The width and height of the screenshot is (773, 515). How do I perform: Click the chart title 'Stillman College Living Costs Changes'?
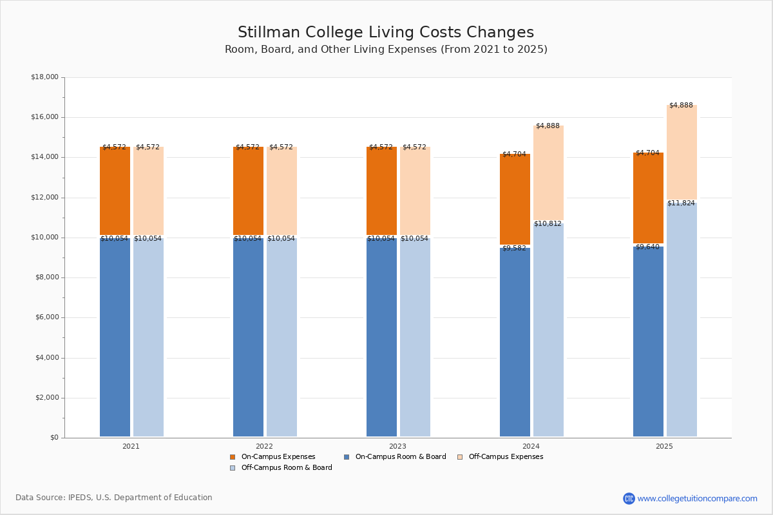tap(386, 32)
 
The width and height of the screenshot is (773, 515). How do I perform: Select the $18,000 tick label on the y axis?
tap(44, 77)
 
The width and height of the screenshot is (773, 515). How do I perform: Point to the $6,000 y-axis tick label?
tap(46, 317)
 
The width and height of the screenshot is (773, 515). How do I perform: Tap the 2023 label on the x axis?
tap(397, 446)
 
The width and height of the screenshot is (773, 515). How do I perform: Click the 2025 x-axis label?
tap(664, 446)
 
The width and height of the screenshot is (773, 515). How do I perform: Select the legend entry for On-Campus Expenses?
tap(272, 456)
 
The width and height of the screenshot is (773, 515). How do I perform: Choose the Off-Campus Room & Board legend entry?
tap(281, 468)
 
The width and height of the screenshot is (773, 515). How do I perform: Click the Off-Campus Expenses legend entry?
tap(500, 456)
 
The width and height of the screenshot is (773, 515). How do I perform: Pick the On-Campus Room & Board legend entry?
tap(395, 456)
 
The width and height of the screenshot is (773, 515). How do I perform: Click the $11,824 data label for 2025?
tap(681, 203)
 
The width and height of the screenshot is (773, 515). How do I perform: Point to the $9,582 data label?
tap(514, 248)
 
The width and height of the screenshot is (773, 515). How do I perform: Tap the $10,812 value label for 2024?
tap(548, 224)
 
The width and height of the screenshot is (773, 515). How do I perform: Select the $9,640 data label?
tap(647, 247)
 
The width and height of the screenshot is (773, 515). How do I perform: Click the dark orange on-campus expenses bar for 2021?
tap(115, 191)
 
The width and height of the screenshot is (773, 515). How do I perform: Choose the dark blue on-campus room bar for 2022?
tap(248, 337)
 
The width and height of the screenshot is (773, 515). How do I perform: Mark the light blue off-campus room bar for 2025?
tap(682, 319)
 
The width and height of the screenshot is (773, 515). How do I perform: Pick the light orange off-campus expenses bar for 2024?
tap(548, 173)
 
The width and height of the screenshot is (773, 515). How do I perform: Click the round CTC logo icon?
tap(629, 498)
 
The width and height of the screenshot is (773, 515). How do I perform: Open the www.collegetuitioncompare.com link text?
tap(697, 498)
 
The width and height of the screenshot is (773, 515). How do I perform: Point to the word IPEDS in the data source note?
tap(80, 498)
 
